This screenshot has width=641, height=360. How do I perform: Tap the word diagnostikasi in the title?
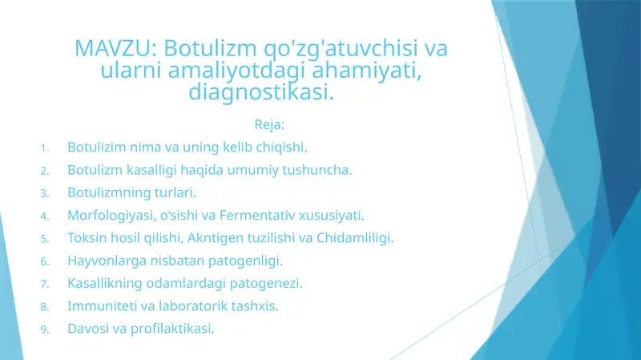coord(261,92)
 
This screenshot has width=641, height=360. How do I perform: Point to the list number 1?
coord(46,148)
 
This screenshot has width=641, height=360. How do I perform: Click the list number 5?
coord(46,239)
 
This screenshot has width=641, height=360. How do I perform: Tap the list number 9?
coord(46,330)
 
